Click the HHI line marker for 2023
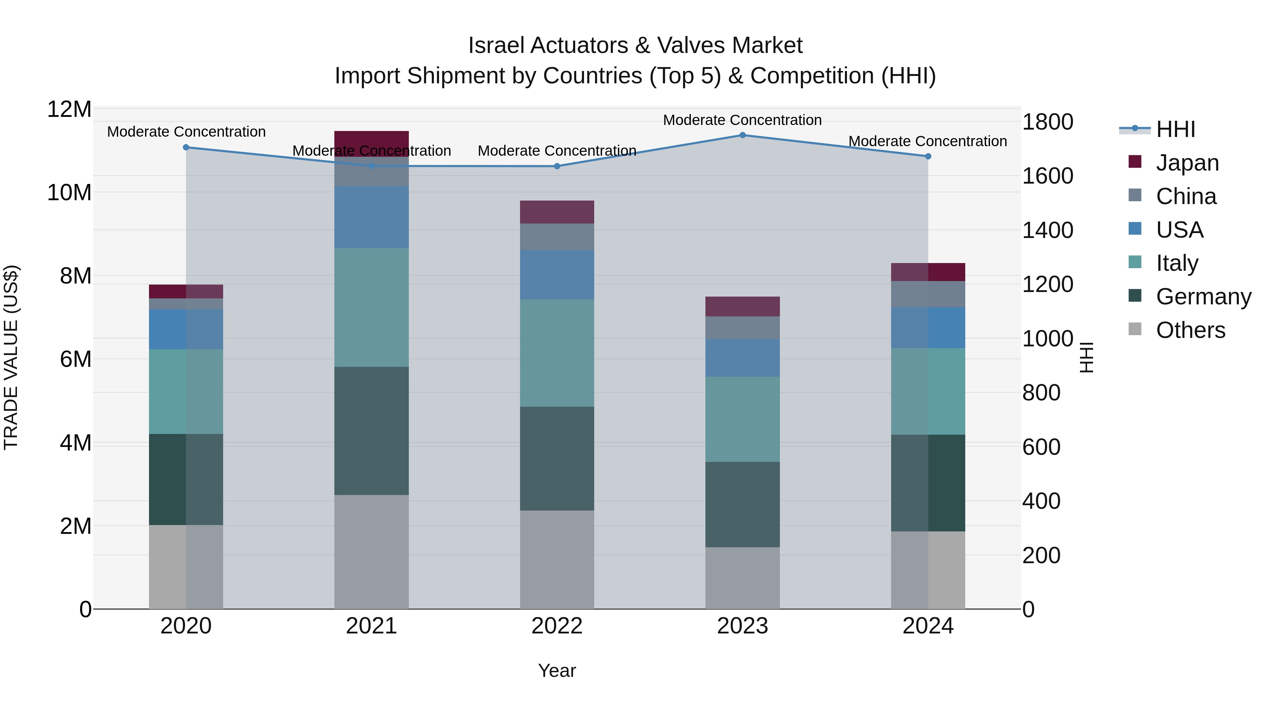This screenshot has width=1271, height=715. [742, 135]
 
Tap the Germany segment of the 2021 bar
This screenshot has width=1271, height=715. [371, 431]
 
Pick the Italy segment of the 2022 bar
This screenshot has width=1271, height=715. [557, 353]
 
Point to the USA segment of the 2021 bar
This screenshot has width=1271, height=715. [371, 217]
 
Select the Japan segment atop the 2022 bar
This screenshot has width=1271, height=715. [557, 212]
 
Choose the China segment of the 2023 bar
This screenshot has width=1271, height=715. [742, 328]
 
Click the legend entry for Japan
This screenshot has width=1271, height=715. [1187, 163]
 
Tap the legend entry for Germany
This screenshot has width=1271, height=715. [1203, 297]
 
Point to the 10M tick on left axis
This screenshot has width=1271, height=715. [70, 192]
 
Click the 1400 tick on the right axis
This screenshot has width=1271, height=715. [1048, 231]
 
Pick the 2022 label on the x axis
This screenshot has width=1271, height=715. [557, 626]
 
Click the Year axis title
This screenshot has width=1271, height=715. [557, 671]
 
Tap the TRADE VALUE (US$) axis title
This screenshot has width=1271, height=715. [11, 358]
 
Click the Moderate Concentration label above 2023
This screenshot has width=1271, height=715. [742, 120]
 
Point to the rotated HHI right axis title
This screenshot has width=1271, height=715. [1087, 358]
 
